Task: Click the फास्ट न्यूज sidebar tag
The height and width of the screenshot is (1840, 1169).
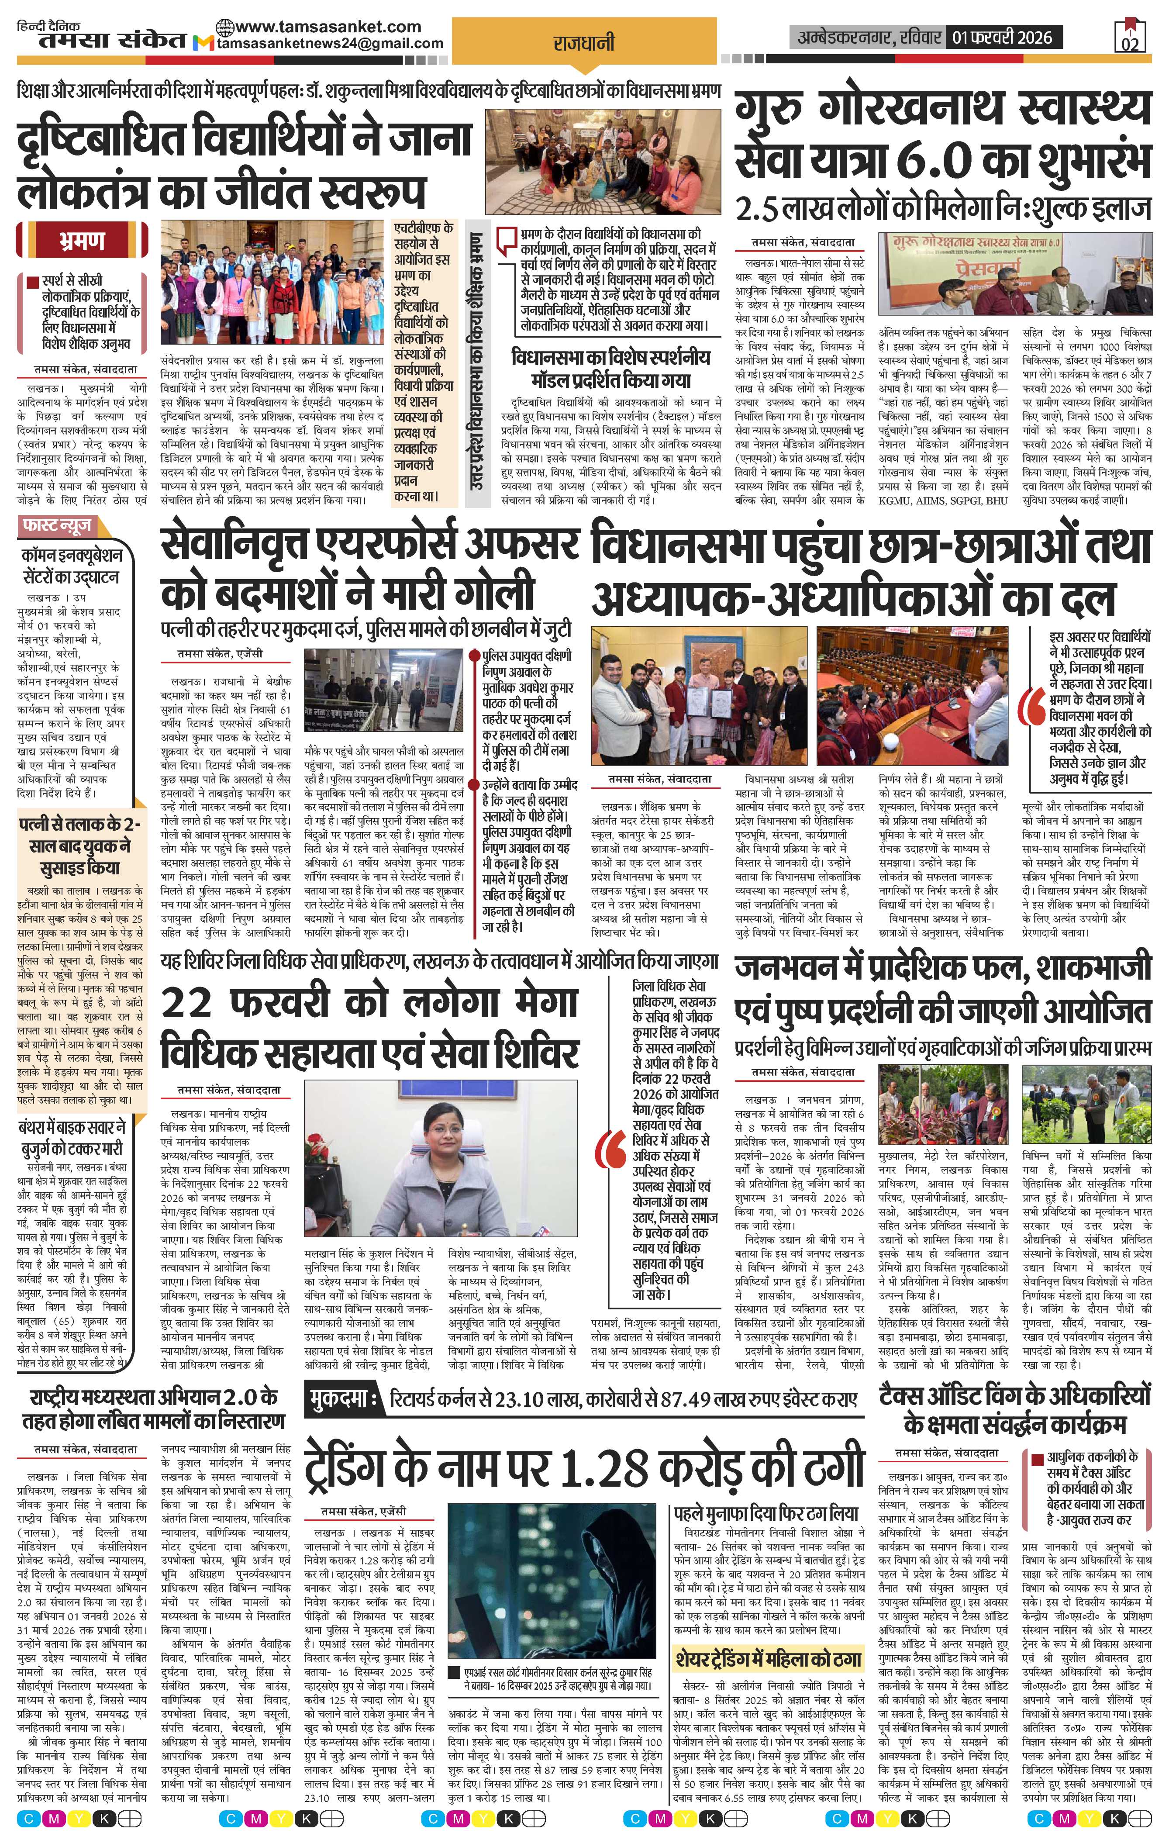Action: pos(57,526)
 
